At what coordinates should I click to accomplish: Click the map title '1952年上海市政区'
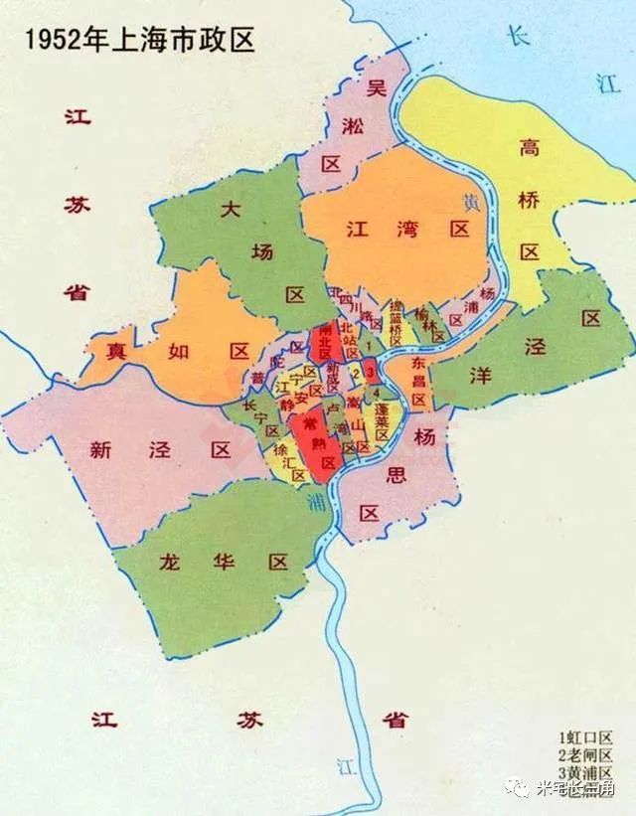click(139, 40)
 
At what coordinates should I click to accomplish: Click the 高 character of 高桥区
click(529, 150)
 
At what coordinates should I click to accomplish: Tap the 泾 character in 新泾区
click(160, 450)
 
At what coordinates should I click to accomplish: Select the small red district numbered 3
click(370, 373)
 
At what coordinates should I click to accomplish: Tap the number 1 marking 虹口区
click(369, 345)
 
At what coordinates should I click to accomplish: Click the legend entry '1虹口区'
click(586, 737)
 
